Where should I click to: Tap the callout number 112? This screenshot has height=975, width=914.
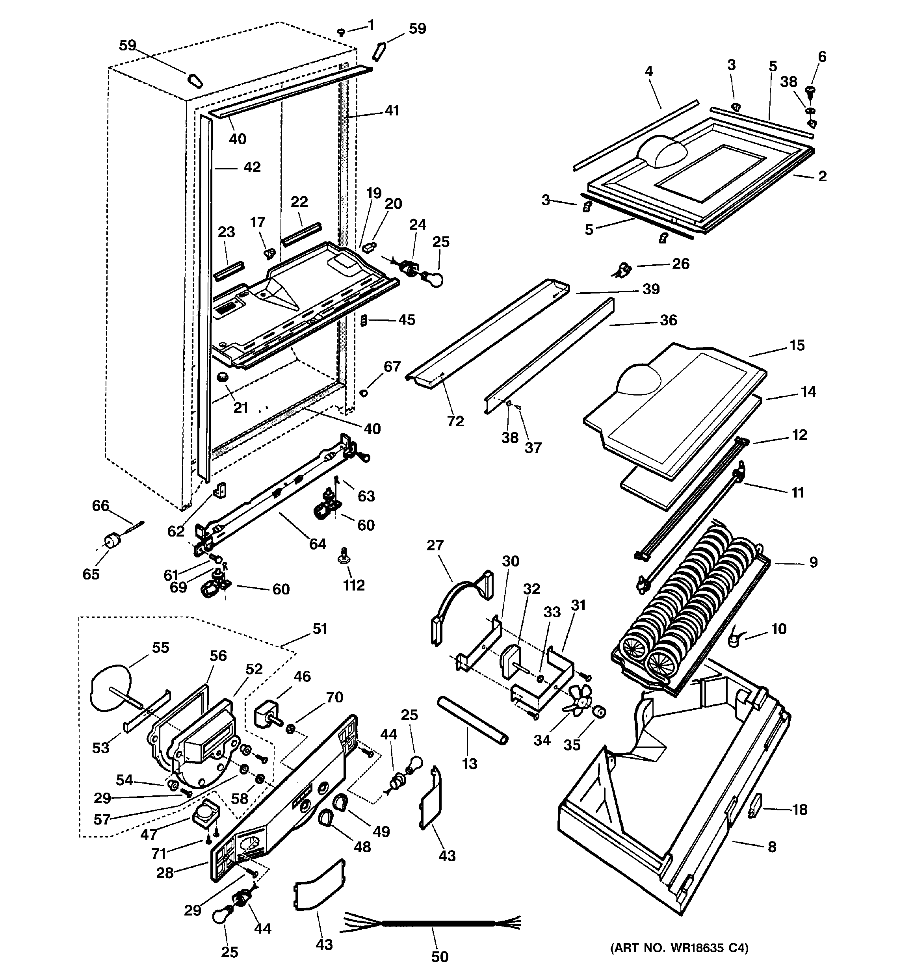[x=354, y=585]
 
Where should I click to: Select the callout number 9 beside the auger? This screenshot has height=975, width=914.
[x=813, y=562]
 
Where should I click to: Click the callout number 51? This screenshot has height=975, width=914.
[x=320, y=628]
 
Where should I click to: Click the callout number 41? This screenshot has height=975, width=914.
[x=392, y=111]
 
